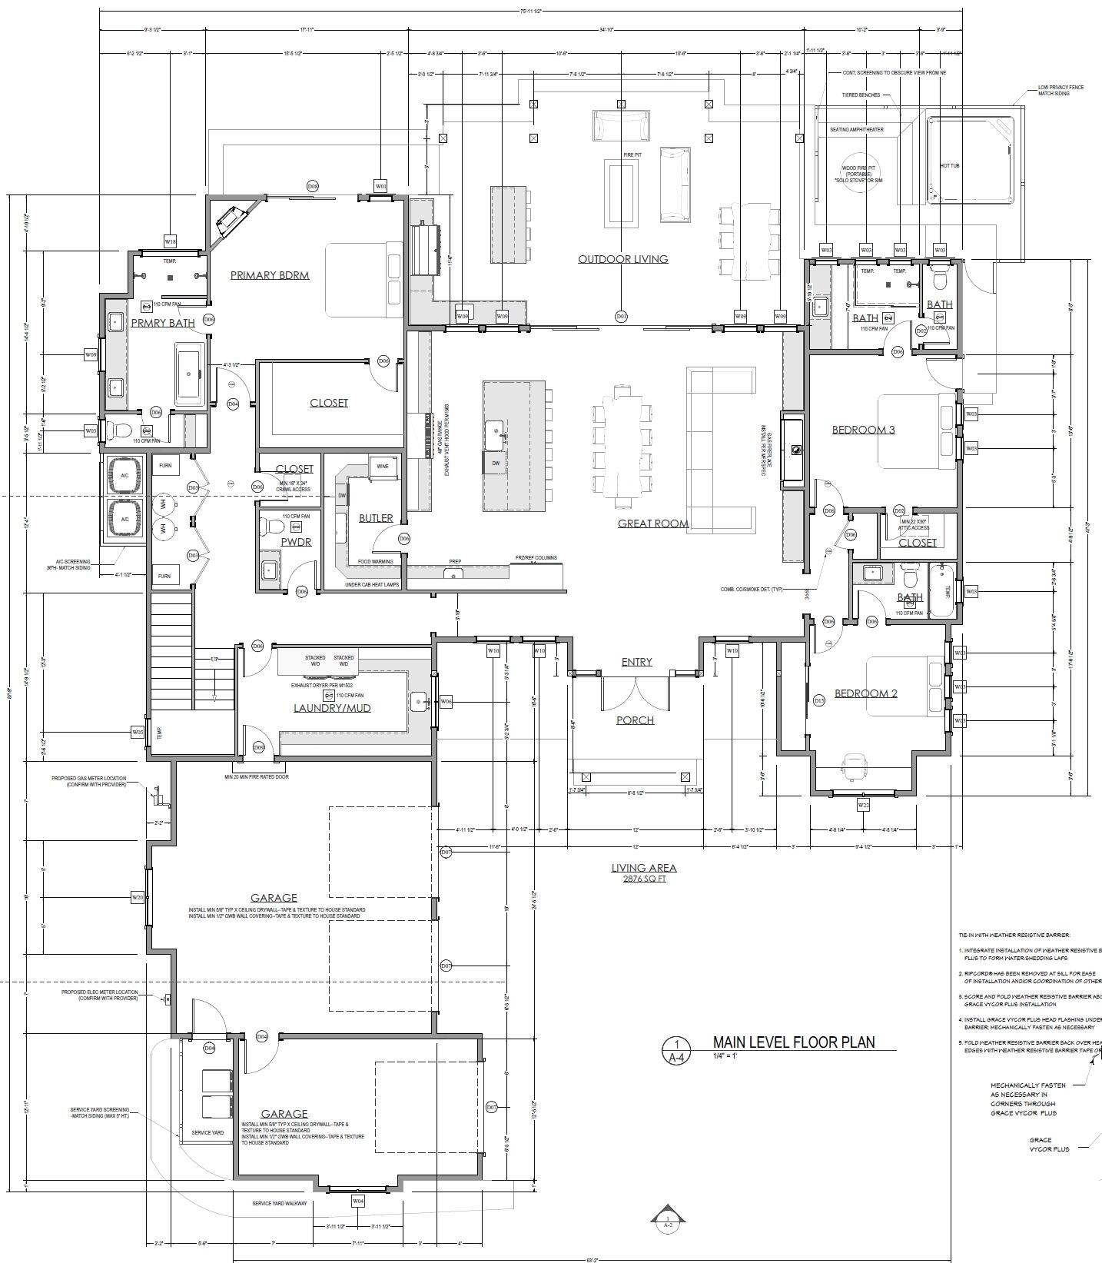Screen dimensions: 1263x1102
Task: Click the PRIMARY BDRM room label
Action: pos(270,275)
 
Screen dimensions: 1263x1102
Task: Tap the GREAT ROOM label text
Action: pos(652,523)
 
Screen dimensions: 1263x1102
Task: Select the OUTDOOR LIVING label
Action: pos(622,259)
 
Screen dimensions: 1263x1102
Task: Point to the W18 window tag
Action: pos(171,241)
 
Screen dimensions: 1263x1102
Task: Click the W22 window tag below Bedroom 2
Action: pos(863,805)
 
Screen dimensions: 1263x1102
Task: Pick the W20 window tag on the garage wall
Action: pos(138,897)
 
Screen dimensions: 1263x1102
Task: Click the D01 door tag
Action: pos(622,316)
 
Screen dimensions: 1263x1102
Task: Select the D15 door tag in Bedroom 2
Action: pos(819,700)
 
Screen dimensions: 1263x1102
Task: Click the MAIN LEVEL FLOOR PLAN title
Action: pos(794,1042)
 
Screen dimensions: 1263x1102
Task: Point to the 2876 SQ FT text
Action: pos(644,878)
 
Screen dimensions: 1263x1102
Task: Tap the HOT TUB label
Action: pos(949,166)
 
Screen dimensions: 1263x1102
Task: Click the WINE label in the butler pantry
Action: pos(382,467)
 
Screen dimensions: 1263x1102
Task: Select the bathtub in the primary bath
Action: pos(189,376)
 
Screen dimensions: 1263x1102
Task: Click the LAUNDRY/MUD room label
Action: pos(332,707)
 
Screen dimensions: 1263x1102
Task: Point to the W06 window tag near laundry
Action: pos(446,701)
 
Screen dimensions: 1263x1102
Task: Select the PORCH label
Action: pos(636,720)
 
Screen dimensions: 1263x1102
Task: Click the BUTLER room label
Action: pos(376,518)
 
